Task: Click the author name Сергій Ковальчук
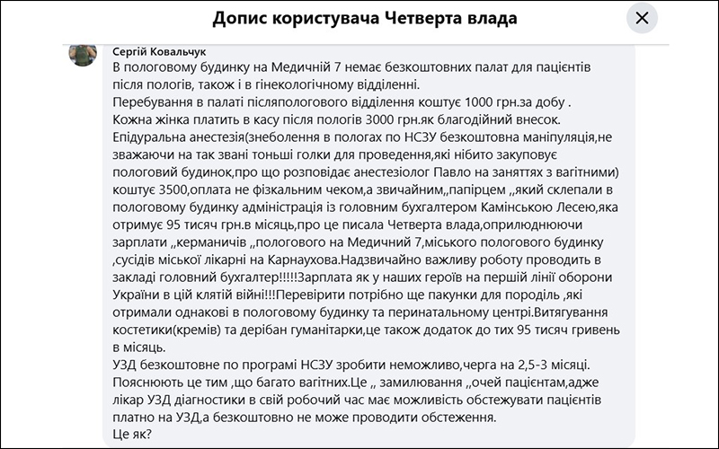[x=159, y=52]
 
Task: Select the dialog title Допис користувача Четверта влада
[x=366, y=18]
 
